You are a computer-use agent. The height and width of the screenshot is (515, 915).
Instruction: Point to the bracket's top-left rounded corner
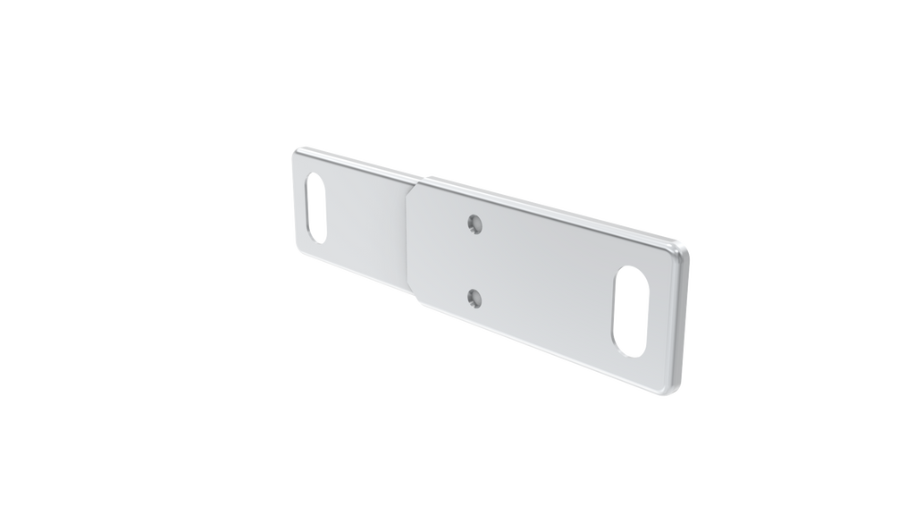(296, 150)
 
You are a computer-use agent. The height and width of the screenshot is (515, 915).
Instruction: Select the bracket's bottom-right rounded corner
(670, 392)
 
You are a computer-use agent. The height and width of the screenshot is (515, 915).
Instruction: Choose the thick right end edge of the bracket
(684, 322)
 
